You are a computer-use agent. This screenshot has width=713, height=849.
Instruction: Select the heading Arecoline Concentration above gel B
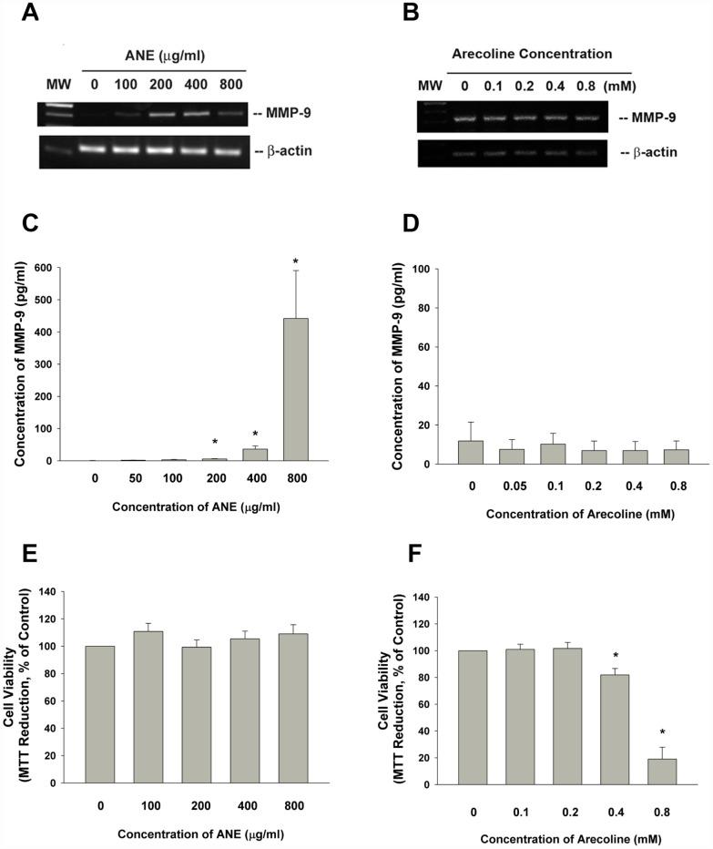pos(532,55)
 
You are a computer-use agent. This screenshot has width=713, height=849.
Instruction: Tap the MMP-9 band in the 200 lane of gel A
pos(161,116)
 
